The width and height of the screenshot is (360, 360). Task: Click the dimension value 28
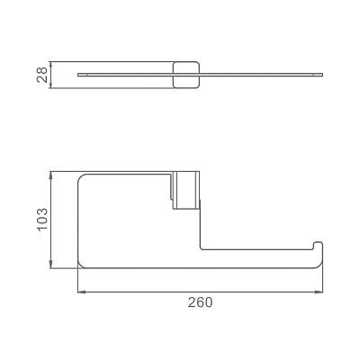42,75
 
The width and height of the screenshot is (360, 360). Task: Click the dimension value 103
42,219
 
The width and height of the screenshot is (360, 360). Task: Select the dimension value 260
200,302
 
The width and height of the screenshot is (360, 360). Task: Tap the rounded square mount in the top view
186,75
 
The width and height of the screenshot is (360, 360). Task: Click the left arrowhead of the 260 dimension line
81,292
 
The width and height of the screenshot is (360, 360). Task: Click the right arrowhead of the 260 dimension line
319,292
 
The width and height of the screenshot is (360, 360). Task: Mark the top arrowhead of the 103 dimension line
51,175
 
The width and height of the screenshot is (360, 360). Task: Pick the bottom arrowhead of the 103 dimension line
51,264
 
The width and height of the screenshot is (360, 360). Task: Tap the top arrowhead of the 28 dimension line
51,66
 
